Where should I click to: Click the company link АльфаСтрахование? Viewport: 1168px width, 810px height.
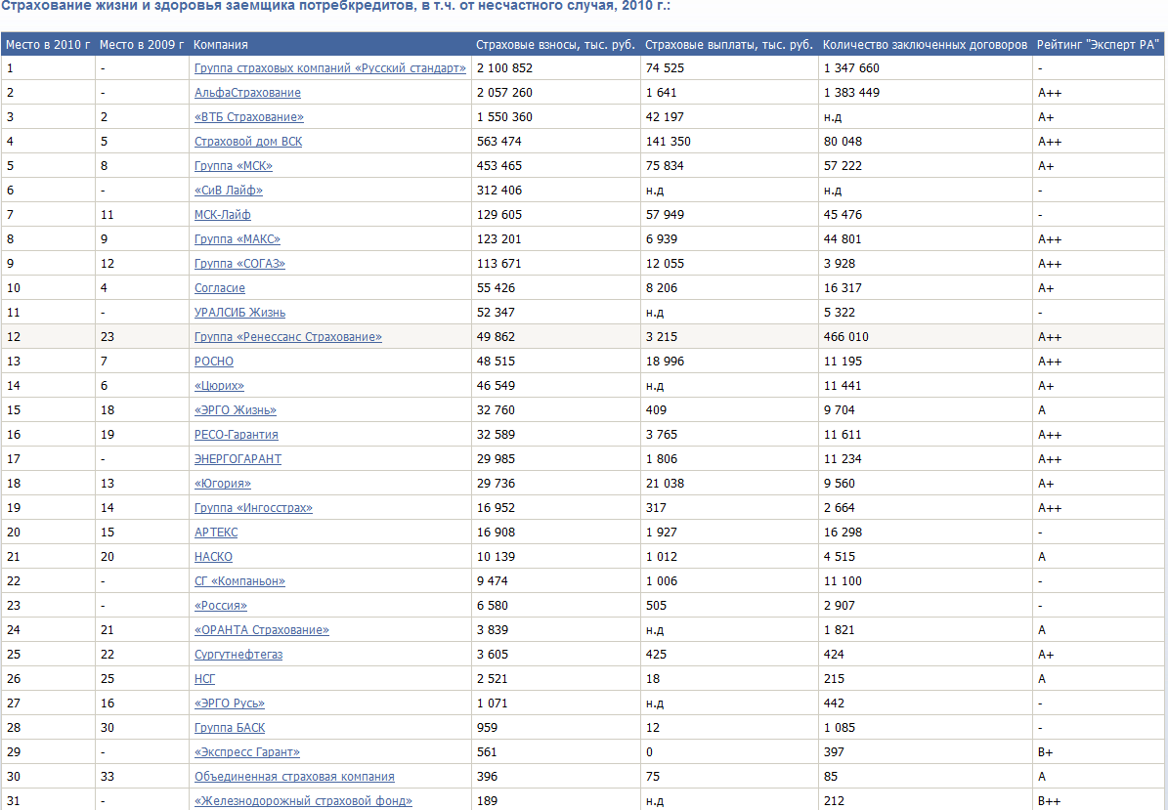point(247,93)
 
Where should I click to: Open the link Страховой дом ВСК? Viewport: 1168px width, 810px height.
point(248,142)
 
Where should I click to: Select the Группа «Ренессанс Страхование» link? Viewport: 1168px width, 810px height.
point(287,337)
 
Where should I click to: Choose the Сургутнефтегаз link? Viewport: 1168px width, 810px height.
point(238,655)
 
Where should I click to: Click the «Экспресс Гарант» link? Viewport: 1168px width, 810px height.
point(246,752)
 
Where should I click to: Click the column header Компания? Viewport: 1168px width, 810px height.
point(221,45)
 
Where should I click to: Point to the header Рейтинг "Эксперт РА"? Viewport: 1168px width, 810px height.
point(1098,45)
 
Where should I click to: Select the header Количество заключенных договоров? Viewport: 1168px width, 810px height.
point(925,45)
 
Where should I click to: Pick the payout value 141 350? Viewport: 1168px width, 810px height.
point(668,142)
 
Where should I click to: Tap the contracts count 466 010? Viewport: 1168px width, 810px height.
point(845,337)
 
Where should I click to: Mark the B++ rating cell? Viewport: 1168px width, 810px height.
point(1050,801)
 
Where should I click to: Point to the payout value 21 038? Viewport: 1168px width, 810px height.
point(665,484)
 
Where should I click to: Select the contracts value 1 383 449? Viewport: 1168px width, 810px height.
point(851,93)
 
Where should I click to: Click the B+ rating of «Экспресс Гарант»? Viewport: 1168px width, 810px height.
point(1046,752)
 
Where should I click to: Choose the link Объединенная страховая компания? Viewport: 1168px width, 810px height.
point(294,777)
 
